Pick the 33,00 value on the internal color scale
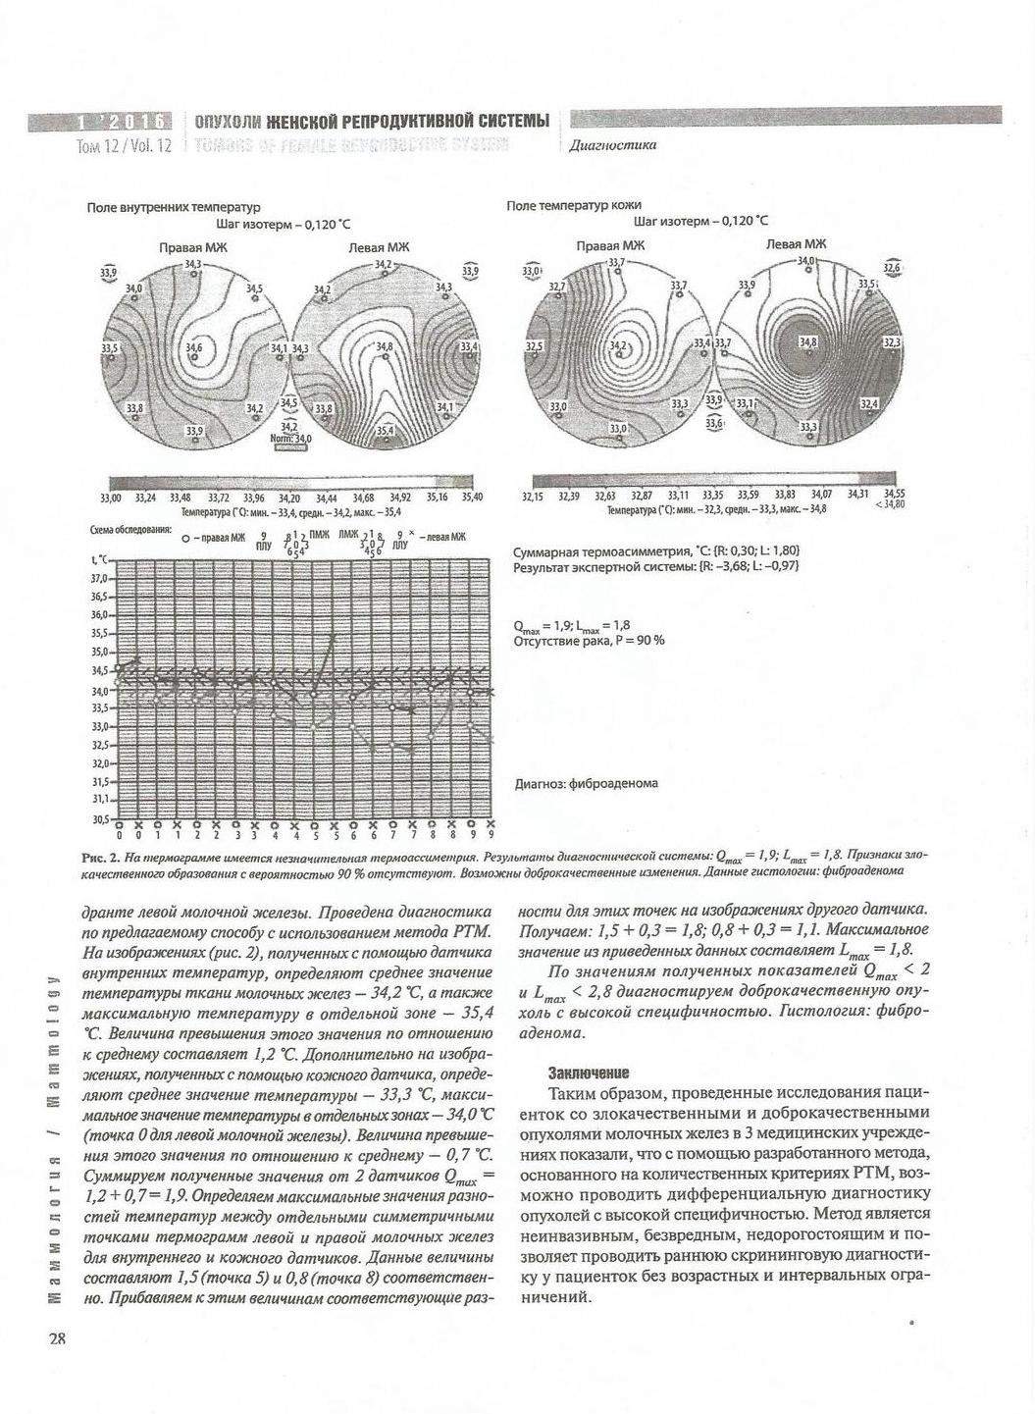pos(112,498)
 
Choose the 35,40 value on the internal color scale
pos(472,498)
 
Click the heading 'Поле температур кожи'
pos(574,206)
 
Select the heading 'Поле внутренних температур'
pos(173,208)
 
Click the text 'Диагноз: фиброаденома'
pos(586,783)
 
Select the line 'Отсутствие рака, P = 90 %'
pos(589,641)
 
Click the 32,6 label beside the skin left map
pos(893,267)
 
